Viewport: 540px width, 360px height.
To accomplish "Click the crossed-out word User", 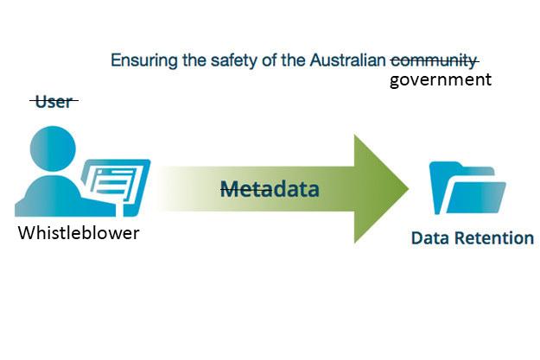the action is coord(54,103).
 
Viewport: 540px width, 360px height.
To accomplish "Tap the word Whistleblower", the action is coord(79,233).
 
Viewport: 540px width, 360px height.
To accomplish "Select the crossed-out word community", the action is coord(434,61).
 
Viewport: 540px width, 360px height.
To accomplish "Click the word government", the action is coord(440,80).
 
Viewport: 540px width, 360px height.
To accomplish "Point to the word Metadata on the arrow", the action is coord(270,188).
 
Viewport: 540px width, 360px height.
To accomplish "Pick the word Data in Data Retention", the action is coord(429,238).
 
